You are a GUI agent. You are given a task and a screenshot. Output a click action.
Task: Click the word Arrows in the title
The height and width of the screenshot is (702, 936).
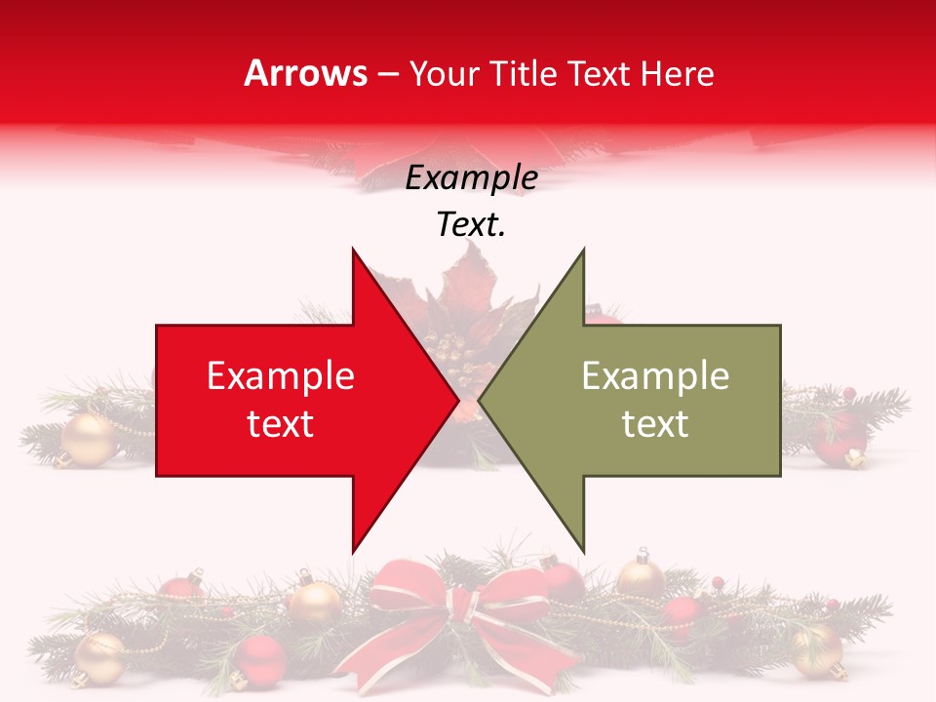[x=306, y=73]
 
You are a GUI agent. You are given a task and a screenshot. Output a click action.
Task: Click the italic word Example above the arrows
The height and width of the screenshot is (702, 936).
[x=471, y=178]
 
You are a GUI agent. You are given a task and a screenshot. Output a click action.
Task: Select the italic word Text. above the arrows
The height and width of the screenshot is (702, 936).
[x=471, y=225]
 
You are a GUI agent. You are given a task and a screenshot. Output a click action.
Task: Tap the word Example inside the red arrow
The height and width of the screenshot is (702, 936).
[x=281, y=375]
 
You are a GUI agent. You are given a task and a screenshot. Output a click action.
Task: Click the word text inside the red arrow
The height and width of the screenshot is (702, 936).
[x=281, y=423]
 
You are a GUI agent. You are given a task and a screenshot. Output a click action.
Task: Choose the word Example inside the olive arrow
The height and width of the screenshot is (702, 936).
[x=655, y=375]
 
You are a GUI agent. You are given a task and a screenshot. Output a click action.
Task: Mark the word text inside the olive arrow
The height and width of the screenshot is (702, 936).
[x=655, y=423]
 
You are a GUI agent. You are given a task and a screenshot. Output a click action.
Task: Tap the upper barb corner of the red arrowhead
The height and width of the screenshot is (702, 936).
[x=353, y=251]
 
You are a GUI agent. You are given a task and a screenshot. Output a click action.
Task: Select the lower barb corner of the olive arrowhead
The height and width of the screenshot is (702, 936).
[x=583, y=551]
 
